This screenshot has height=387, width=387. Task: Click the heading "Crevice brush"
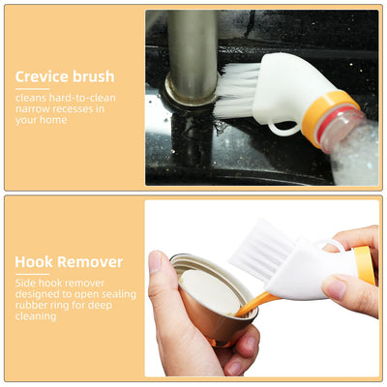[65, 75]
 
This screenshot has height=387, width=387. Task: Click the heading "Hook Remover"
[69, 261]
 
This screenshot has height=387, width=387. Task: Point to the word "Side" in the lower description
[25, 282]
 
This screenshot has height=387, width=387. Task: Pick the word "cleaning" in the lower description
[35, 316]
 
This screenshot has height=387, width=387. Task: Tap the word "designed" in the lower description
[36, 293]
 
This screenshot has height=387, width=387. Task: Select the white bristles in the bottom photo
[265, 248]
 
